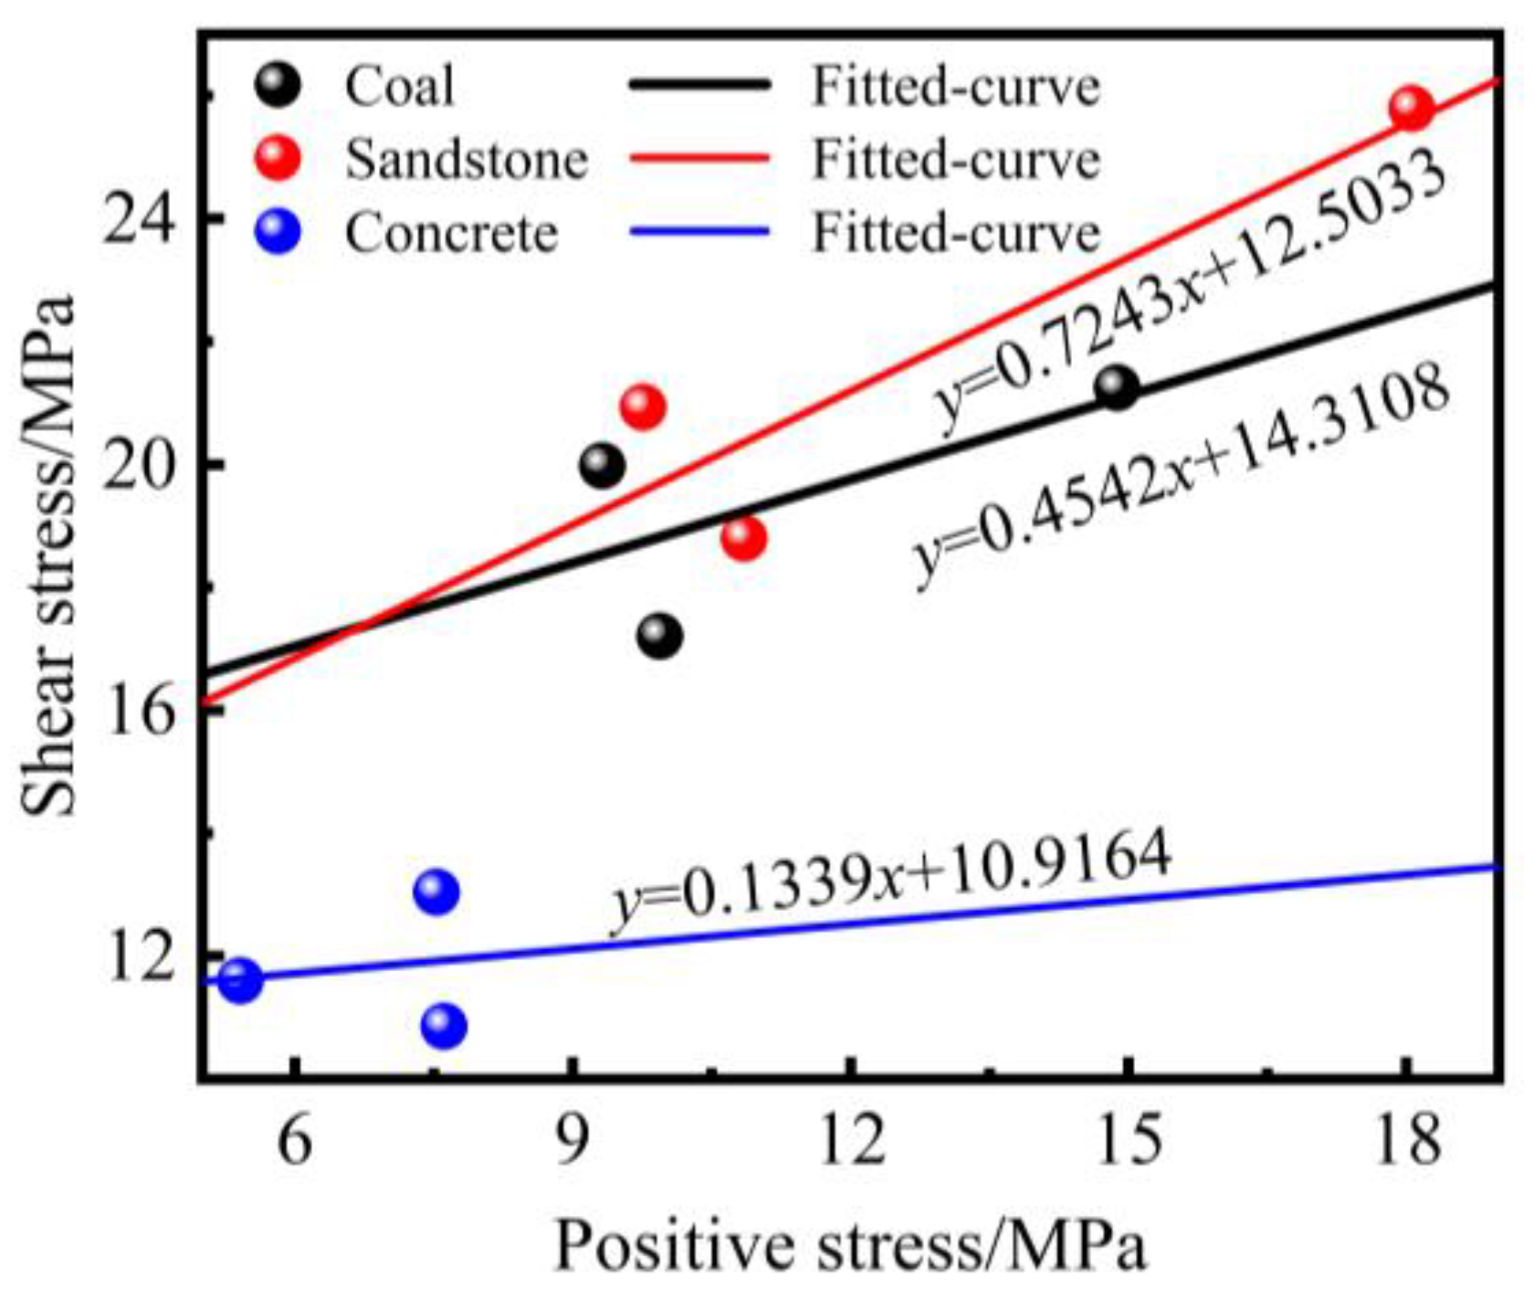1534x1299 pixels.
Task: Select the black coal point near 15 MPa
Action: pos(1117,388)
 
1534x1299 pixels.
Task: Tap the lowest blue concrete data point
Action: pos(444,1026)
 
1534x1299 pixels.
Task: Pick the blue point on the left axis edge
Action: pos(239,980)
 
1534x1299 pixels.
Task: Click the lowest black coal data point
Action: pos(659,636)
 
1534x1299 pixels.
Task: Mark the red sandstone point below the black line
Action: pos(743,538)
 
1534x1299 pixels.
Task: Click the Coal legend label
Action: pos(399,87)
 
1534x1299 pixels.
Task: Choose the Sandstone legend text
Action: pos(466,160)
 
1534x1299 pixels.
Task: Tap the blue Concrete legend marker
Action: pos(278,232)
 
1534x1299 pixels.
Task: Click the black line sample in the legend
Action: pos(699,86)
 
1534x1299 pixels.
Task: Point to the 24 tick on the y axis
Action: pos(136,218)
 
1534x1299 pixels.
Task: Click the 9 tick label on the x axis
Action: pos(572,1141)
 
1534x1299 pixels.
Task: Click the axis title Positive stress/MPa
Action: pos(849,1246)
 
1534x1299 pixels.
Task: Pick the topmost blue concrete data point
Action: pos(436,891)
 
